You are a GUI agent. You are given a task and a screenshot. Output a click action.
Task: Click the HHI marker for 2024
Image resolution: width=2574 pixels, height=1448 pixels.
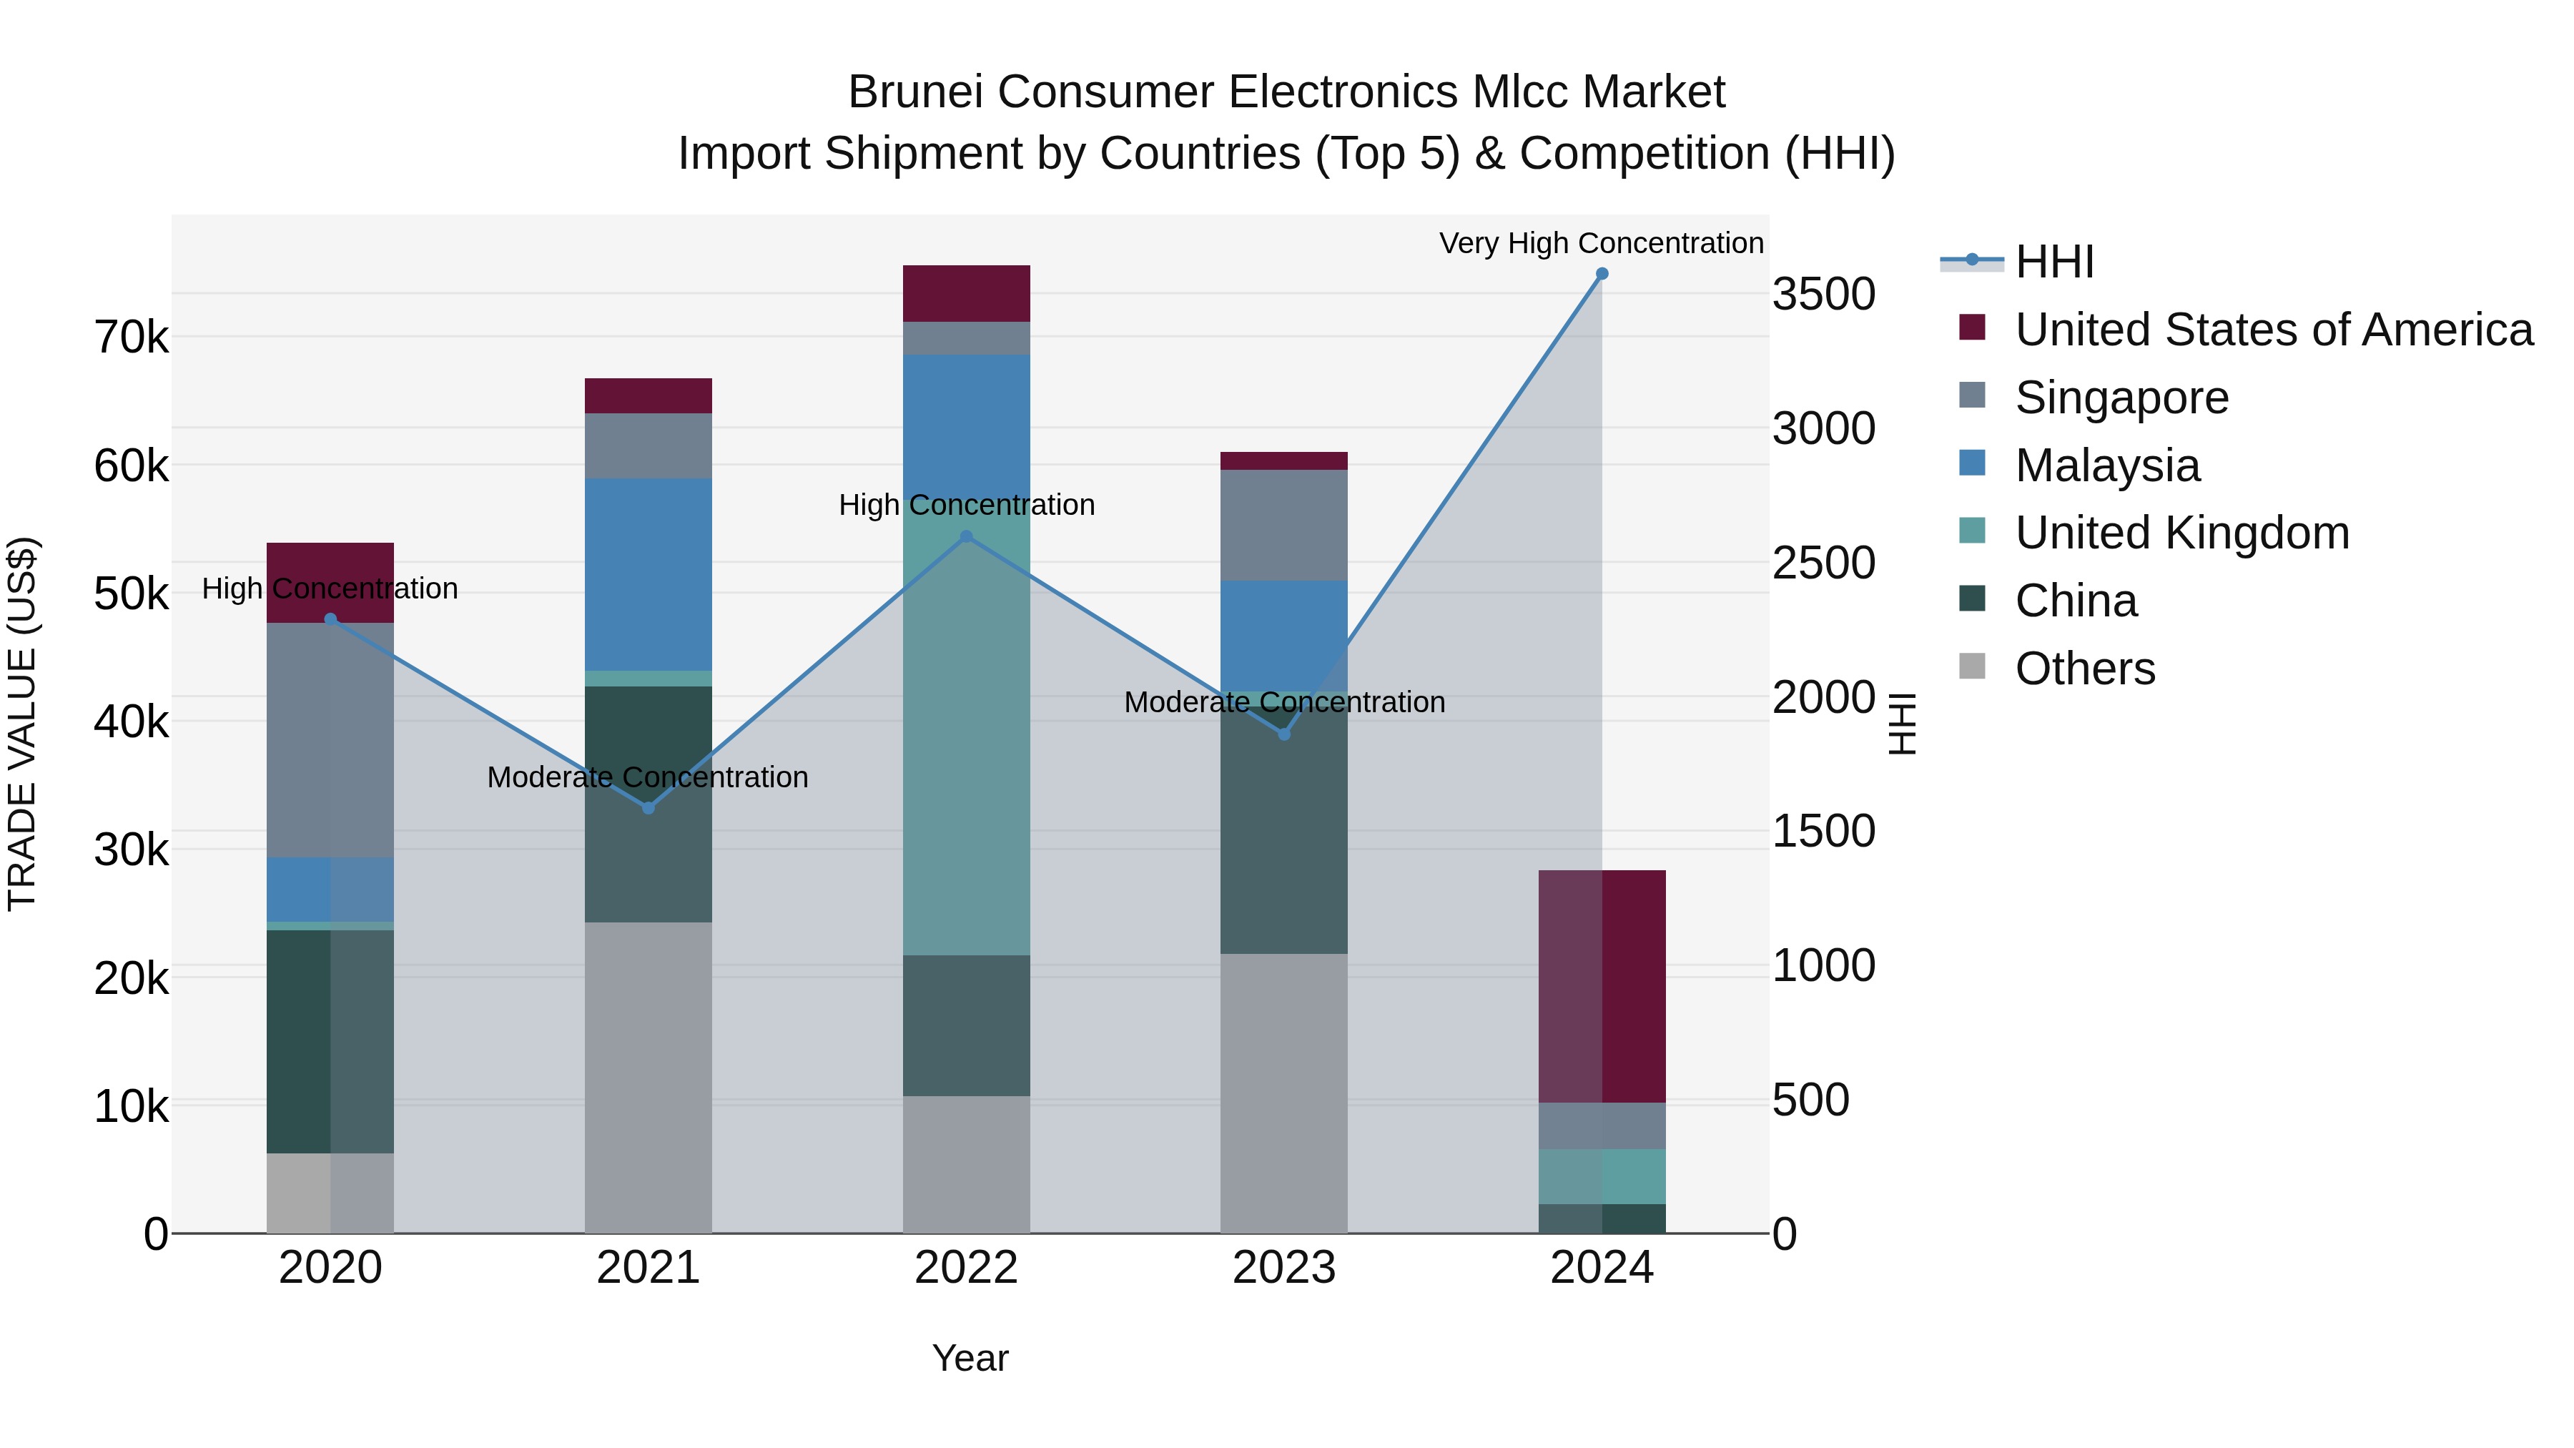(x=1602, y=274)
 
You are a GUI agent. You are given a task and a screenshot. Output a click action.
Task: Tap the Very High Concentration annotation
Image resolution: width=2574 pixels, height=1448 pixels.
(x=1601, y=243)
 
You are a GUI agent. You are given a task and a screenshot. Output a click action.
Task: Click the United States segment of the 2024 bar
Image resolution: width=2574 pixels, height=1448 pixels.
(x=1602, y=986)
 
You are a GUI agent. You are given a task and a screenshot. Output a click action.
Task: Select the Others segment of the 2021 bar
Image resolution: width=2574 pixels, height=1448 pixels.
(x=649, y=1078)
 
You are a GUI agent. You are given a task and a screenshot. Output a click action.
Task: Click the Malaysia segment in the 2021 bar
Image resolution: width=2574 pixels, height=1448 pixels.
(x=649, y=575)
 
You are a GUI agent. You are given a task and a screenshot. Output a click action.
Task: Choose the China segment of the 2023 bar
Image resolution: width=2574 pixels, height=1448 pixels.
(x=1284, y=829)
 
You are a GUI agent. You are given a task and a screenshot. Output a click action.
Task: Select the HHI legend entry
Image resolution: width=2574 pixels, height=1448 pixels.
(x=2053, y=262)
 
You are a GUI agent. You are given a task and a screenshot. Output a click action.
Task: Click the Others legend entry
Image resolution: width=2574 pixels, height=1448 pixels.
(x=2084, y=669)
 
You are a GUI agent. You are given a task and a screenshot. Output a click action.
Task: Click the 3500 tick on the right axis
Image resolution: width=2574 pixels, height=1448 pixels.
(x=1823, y=295)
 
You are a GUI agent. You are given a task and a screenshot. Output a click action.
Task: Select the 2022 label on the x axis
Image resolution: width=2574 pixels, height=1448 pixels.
(x=966, y=1268)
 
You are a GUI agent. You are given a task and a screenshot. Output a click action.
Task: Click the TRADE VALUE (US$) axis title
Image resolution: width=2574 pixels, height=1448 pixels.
(x=22, y=724)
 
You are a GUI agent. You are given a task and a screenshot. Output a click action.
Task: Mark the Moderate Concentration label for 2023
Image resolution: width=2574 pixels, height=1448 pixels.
(x=1284, y=702)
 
